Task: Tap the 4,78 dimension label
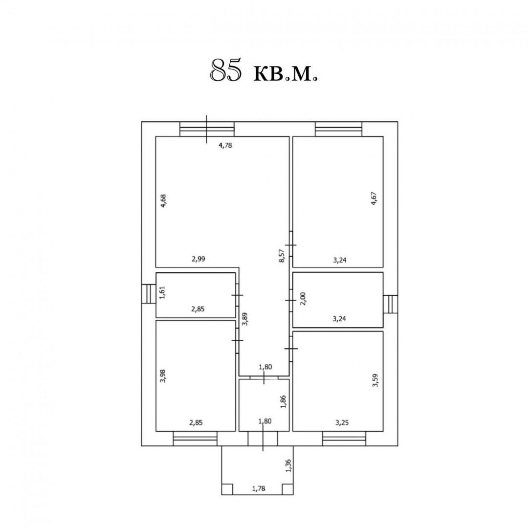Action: [x=224, y=145]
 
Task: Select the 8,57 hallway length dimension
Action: [x=282, y=256]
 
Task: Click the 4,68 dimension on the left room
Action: [x=164, y=201]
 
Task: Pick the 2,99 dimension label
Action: [x=198, y=260]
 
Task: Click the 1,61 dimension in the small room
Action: [x=164, y=295]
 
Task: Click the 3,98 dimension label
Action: [x=164, y=375]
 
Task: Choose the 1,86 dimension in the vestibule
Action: [x=282, y=401]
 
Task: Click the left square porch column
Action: [x=227, y=489]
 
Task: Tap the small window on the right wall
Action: [x=391, y=305]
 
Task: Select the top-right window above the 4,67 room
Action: [x=339, y=129]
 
